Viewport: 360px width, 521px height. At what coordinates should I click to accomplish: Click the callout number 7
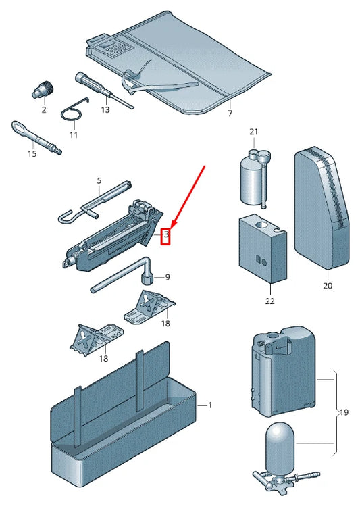(230, 114)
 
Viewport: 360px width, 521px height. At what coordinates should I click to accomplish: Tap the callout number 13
(105, 109)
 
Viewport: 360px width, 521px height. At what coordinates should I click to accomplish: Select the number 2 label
(44, 109)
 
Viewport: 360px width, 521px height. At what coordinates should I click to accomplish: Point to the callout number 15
(32, 154)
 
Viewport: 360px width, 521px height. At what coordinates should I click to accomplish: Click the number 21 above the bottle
(253, 132)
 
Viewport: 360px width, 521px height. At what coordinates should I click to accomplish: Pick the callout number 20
(327, 286)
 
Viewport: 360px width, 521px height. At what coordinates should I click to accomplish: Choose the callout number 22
(270, 301)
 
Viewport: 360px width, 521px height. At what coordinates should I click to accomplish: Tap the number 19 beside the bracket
(344, 412)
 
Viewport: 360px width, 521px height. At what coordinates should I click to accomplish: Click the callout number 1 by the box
(209, 405)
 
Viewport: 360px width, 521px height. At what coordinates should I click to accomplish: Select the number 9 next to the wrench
(168, 277)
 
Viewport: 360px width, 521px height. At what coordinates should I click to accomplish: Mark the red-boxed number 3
(166, 234)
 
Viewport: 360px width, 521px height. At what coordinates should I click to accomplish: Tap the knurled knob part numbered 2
(43, 90)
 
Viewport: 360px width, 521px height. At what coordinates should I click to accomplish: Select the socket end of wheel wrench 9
(147, 278)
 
